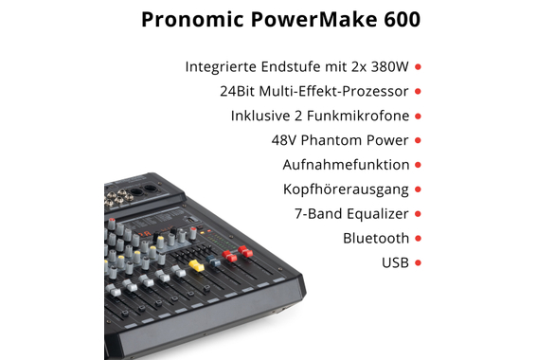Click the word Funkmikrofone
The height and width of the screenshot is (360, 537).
click(x=362, y=116)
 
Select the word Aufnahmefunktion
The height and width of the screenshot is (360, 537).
click(x=347, y=165)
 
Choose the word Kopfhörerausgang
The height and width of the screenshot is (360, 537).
click(x=346, y=189)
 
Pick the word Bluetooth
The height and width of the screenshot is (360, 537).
click(x=376, y=238)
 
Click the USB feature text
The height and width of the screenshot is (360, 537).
click(x=395, y=262)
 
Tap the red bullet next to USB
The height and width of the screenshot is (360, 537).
click(x=419, y=262)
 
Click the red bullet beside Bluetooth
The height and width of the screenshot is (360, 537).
click(x=419, y=239)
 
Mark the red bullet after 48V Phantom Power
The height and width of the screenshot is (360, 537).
click(x=419, y=140)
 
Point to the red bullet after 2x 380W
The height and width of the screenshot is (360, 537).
click(x=419, y=67)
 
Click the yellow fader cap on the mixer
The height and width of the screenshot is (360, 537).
click(x=198, y=266)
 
